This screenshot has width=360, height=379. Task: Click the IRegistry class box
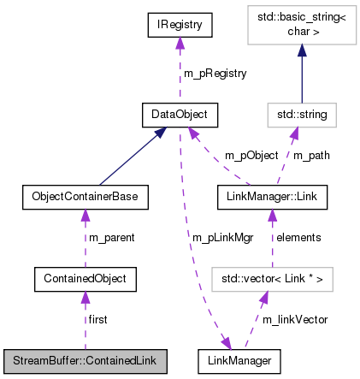pyautogui.click(x=180, y=26)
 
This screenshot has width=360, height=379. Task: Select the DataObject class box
pyautogui.click(x=180, y=113)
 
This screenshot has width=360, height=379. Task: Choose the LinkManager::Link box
pyautogui.click(x=272, y=197)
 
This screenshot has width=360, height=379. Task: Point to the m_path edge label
pyautogui.click(x=312, y=155)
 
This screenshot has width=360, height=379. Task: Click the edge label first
pyautogui.click(x=99, y=319)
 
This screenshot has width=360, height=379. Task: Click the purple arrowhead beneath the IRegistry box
pyautogui.click(x=180, y=45)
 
